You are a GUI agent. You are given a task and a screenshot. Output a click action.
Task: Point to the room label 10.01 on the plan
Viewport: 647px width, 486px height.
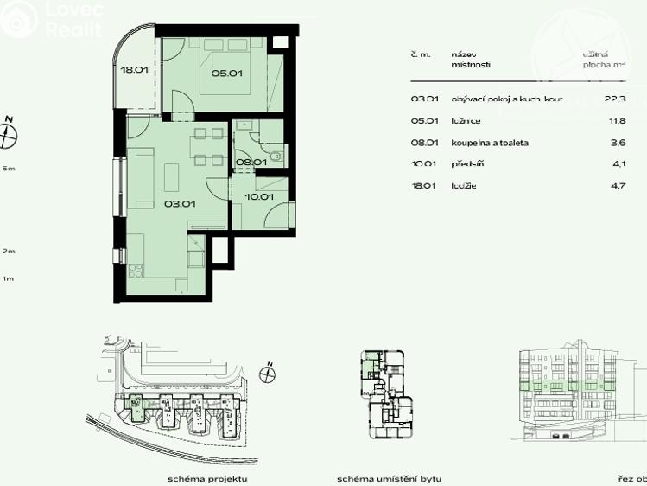pyautogui.click(x=259, y=197)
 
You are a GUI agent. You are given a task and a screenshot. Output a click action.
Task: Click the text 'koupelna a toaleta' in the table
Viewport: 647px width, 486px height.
pyautogui.click(x=490, y=143)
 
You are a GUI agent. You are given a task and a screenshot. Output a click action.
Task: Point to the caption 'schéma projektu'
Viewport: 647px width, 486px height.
pyautogui.click(x=207, y=478)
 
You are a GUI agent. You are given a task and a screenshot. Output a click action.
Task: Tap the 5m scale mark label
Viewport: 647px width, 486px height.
pyautogui.click(x=9, y=169)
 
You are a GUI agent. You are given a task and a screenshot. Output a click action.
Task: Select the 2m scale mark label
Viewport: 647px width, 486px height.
pyautogui.click(x=9, y=251)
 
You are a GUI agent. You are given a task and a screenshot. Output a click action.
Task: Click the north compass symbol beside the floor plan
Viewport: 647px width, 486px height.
pyautogui.click(x=10, y=133)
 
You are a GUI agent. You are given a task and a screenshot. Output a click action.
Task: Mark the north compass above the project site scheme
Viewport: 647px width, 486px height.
pyautogui.click(x=268, y=374)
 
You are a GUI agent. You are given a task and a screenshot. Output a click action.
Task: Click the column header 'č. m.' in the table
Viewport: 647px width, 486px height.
pyautogui.click(x=421, y=54)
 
